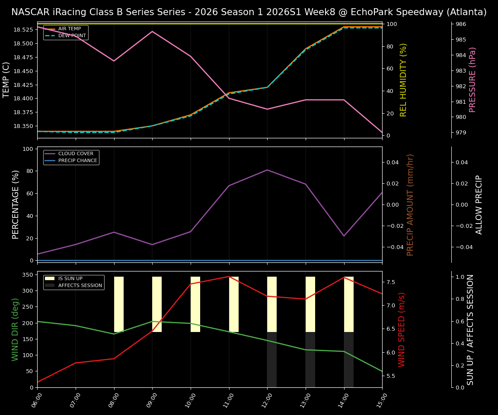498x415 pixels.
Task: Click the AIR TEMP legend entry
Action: click(x=69, y=29)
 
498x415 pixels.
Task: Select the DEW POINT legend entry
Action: click(x=72, y=35)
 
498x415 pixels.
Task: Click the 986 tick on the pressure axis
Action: click(x=460, y=24)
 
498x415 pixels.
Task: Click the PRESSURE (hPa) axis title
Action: click(x=473, y=80)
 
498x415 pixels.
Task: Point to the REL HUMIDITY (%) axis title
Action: click(x=404, y=80)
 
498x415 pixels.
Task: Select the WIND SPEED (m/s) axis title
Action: click(x=402, y=329)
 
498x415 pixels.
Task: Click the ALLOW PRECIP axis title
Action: click(x=479, y=204)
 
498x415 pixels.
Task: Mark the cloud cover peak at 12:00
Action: click(x=267, y=170)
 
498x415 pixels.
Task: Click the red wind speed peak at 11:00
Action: click(x=229, y=276)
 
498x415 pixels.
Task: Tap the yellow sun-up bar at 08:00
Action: click(x=119, y=304)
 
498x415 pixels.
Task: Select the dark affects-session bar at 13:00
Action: click(x=310, y=360)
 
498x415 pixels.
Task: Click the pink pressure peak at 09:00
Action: click(x=152, y=31)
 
